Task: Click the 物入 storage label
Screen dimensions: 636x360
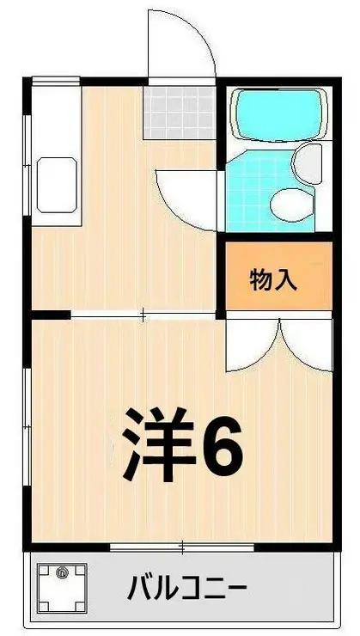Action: click(x=273, y=279)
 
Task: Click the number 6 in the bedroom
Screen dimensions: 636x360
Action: click(x=223, y=444)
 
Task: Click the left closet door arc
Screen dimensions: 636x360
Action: click(x=251, y=345)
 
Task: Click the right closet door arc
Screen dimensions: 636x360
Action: click(x=305, y=344)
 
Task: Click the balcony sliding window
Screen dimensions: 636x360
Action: click(x=182, y=547)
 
